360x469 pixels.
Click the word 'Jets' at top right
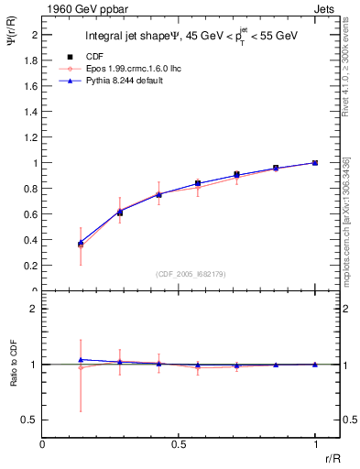coord(326,7)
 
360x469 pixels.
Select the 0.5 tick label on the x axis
coord(179,444)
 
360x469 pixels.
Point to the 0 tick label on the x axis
coord(43,444)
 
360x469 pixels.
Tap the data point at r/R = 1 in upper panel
coord(315,162)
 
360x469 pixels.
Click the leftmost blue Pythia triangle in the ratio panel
coord(82,360)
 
